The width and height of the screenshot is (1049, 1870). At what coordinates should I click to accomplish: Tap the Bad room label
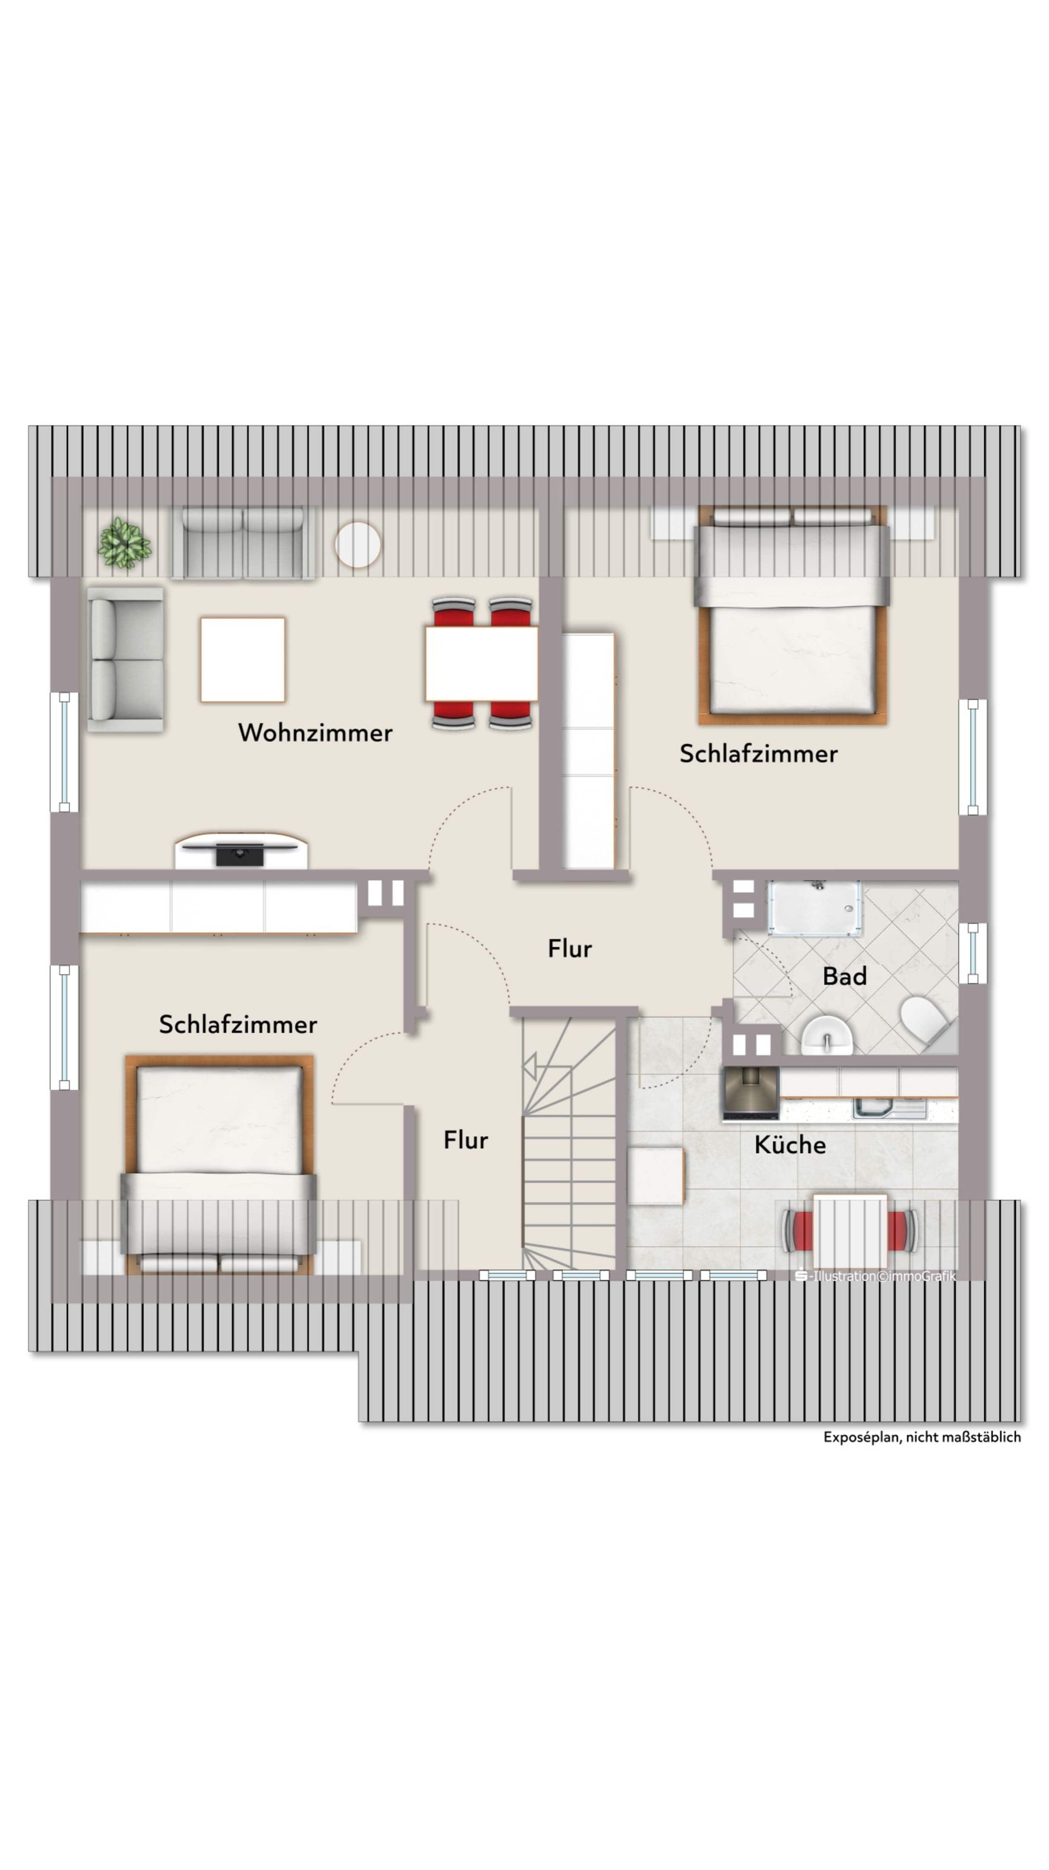pyautogui.click(x=844, y=976)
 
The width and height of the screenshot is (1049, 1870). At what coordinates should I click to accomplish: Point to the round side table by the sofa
pyautogui.click(x=357, y=545)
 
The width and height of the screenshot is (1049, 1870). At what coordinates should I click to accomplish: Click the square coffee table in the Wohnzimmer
pyautogui.click(x=242, y=659)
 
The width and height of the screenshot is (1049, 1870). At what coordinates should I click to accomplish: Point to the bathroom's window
pyautogui.click(x=972, y=953)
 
